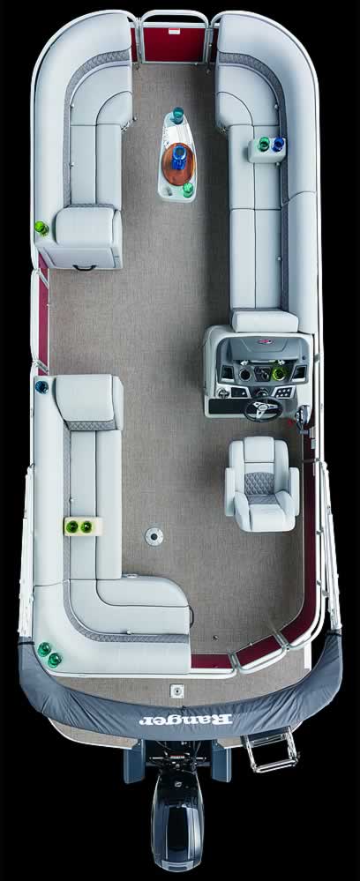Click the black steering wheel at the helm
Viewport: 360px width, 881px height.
coord(263,408)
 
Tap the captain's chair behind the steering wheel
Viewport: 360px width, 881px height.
coord(262,483)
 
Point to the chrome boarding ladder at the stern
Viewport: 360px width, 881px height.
coord(271,750)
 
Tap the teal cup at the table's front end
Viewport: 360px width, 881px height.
coord(178,116)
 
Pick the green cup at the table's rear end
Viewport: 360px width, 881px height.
coord(189,190)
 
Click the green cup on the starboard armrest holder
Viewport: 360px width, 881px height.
coord(264,145)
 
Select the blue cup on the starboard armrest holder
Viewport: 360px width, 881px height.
coord(278,145)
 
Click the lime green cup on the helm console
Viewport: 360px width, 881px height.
coord(279,373)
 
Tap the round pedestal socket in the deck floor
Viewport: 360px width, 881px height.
coord(154,535)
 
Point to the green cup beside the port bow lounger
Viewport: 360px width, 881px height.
coord(41,228)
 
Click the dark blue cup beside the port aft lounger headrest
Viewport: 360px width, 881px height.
coord(41,386)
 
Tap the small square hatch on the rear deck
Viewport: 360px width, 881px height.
coord(176,690)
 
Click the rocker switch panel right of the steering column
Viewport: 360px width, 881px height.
coord(284,392)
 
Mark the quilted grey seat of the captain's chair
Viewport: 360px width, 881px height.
coord(262,486)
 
